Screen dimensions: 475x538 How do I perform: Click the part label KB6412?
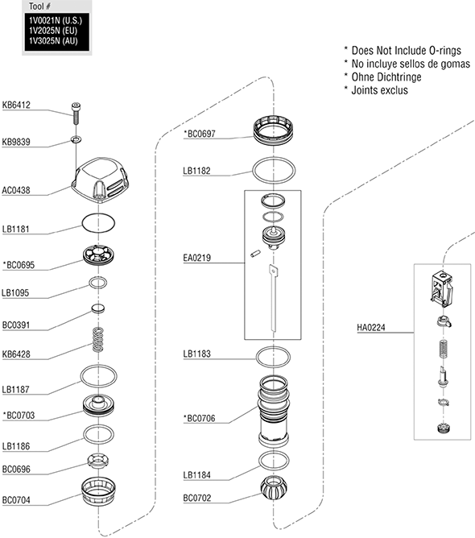point(16,105)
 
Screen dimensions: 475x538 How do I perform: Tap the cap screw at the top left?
point(76,114)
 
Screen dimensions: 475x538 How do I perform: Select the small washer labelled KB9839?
point(76,139)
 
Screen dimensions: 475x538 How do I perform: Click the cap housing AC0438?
point(100,179)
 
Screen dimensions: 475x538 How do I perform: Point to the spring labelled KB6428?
point(98,339)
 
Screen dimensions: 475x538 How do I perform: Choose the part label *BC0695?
point(19,265)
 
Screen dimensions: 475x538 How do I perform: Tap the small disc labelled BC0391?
point(98,308)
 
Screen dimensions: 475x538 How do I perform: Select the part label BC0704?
point(16,500)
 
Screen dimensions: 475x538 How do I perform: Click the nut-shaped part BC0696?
point(98,461)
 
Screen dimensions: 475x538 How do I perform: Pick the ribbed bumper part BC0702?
point(274,487)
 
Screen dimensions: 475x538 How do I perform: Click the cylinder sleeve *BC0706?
point(274,411)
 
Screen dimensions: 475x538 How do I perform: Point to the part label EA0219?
point(197,258)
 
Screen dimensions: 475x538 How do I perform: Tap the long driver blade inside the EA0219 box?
point(274,298)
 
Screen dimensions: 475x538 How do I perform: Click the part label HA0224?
point(371,328)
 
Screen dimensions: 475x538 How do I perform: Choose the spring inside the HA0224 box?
point(444,348)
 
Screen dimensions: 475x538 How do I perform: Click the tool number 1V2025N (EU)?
point(53,31)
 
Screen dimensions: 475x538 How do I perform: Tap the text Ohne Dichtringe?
point(386,77)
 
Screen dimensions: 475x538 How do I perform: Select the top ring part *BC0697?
point(274,130)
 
